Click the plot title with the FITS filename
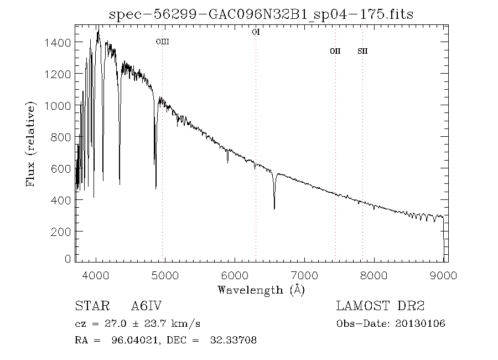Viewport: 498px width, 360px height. point(261,14)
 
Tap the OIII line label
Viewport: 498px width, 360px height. point(162,42)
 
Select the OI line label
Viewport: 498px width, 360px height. point(256,32)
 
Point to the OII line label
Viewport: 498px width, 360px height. point(335,51)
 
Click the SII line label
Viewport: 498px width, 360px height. point(362,51)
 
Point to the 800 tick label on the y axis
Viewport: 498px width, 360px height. point(62,137)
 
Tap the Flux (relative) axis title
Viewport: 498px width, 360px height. point(32,143)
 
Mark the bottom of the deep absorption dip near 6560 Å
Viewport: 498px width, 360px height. point(274,208)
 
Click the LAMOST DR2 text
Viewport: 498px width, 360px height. point(380,306)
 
